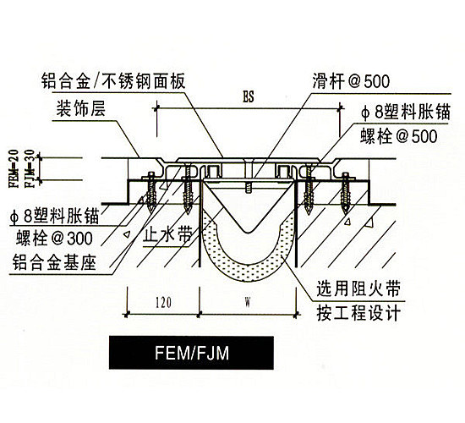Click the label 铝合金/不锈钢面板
[113, 80]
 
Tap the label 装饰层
[80, 109]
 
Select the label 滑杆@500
[351, 81]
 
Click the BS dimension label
[249, 96]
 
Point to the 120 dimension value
[164, 303]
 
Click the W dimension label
[248, 303]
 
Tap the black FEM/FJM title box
[191, 353]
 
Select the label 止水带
[167, 237]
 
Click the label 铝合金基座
[54, 263]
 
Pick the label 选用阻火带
[358, 288]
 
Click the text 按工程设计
[358, 313]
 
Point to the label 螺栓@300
[54, 238]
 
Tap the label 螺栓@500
[399, 136]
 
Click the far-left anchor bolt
[151, 191]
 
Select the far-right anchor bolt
[346, 192]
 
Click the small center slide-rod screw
[249, 188]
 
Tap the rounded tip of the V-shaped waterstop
[249, 232]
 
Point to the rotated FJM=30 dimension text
[31, 168]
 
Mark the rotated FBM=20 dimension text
[14, 168]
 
